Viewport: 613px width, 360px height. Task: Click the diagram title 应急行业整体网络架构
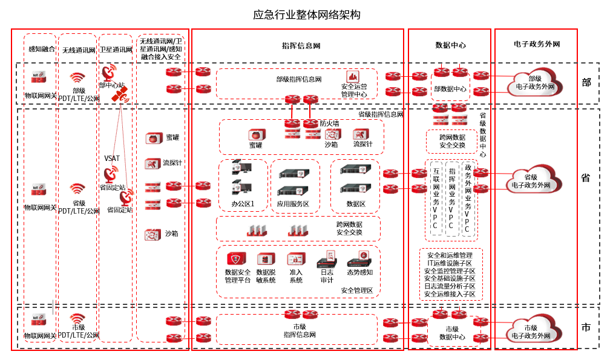click(x=307, y=15)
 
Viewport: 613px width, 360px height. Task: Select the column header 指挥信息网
click(x=301, y=45)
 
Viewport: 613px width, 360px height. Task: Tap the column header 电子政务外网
click(x=536, y=44)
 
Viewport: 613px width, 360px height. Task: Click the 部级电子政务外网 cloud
click(x=534, y=82)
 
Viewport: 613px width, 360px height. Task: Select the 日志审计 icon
click(x=327, y=260)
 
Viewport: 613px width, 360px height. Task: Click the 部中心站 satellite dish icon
click(x=109, y=74)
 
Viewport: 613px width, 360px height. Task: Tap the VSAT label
click(x=112, y=159)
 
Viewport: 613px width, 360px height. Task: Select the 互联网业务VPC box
click(x=435, y=198)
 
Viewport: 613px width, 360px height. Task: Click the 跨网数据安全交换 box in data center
click(x=452, y=142)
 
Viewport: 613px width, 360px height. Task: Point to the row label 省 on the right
click(x=585, y=178)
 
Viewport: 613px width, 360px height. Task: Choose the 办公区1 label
click(x=243, y=204)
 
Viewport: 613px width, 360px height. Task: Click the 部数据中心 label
click(x=450, y=89)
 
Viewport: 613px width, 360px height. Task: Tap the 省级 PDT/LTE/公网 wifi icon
click(x=77, y=189)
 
